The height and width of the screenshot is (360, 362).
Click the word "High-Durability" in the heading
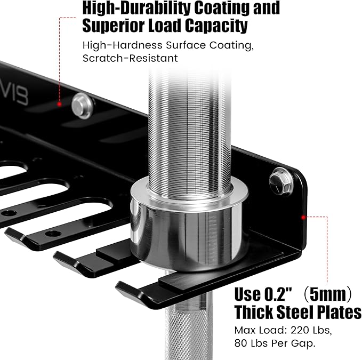point(136,9)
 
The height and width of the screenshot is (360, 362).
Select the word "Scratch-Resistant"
point(130,58)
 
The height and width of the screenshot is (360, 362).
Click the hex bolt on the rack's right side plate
point(281,181)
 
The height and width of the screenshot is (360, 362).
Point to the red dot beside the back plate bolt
point(59,105)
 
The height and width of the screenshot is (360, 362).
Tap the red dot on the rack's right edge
point(303,217)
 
